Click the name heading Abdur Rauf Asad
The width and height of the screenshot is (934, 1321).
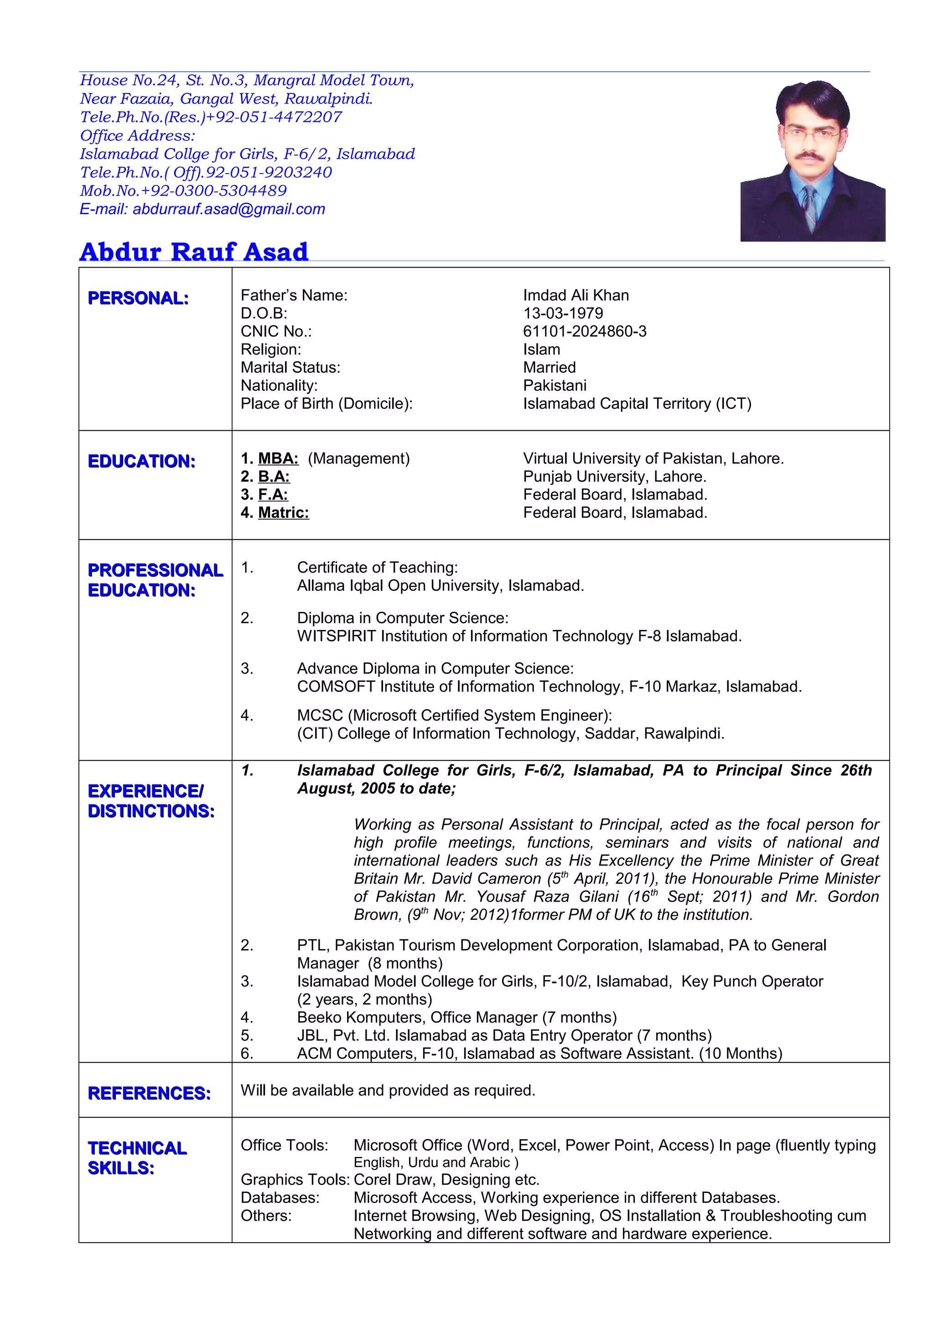pos(194,252)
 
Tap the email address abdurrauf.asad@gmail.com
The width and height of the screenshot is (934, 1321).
pos(229,209)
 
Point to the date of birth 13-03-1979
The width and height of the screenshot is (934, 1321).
pos(563,314)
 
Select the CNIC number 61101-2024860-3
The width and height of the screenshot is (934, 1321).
pos(584,331)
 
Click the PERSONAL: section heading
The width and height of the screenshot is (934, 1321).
pos(138,298)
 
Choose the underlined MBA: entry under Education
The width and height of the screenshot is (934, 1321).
pos(278,459)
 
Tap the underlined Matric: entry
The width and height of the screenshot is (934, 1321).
pos(283,513)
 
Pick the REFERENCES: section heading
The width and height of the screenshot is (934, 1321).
pos(149,1093)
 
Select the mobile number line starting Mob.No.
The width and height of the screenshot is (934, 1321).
pos(183,191)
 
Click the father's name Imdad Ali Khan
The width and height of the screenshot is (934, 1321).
pos(576,295)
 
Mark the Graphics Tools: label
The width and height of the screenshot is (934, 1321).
pos(295,1180)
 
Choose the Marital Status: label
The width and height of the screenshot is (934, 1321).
pos(290,368)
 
